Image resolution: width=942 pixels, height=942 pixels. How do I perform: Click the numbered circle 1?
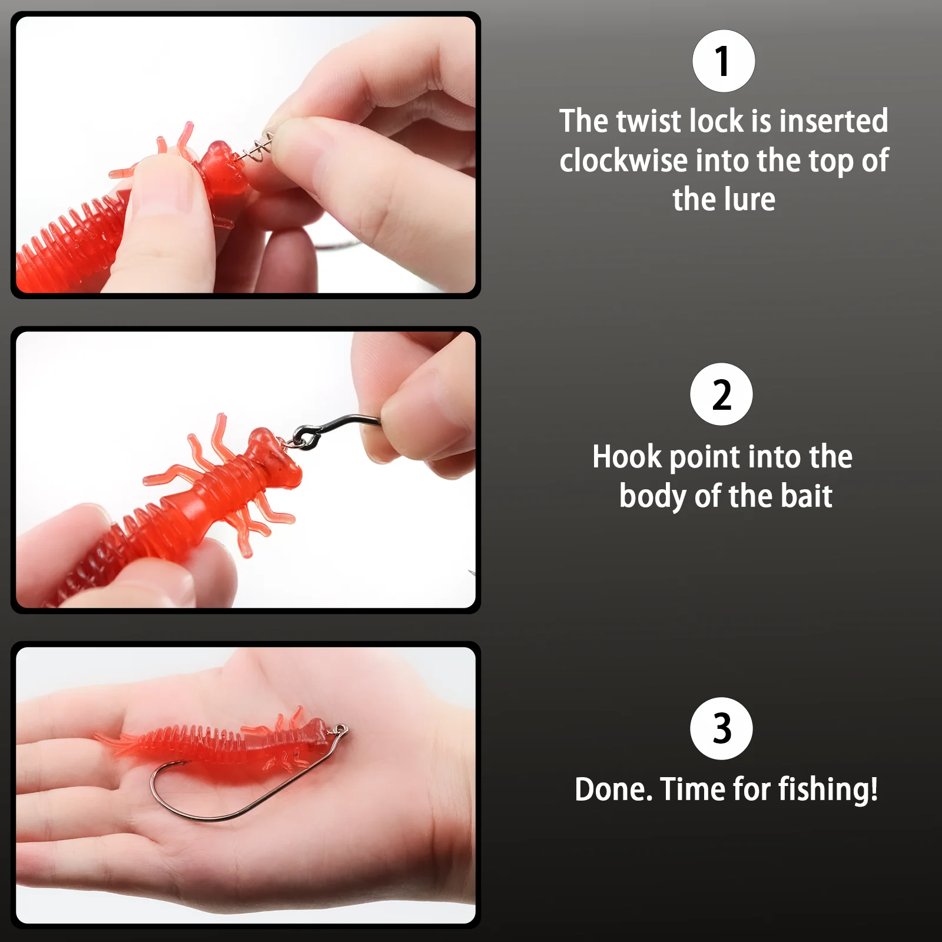pyautogui.click(x=724, y=61)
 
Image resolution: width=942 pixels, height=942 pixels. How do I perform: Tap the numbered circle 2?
pyautogui.click(x=721, y=394)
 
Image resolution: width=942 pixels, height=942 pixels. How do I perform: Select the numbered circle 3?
pyautogui.click(x=721, y=728)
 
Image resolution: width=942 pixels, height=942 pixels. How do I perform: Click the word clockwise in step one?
pyautogui.click(x=623, y=161)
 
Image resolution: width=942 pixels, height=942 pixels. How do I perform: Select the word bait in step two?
pyautogui.click(x=807, y=496)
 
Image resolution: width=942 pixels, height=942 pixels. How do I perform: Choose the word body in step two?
pyautogui.click(x=654, y=496)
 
